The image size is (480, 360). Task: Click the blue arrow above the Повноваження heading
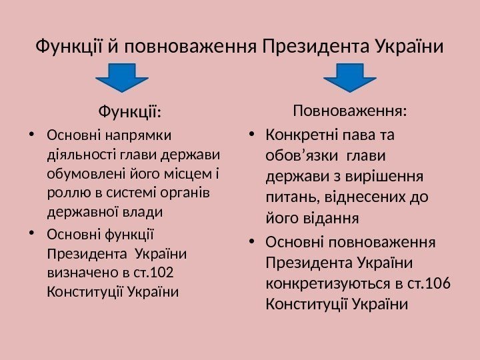350,77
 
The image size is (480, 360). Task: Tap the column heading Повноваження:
351,109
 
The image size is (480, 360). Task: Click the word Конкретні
300,135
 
